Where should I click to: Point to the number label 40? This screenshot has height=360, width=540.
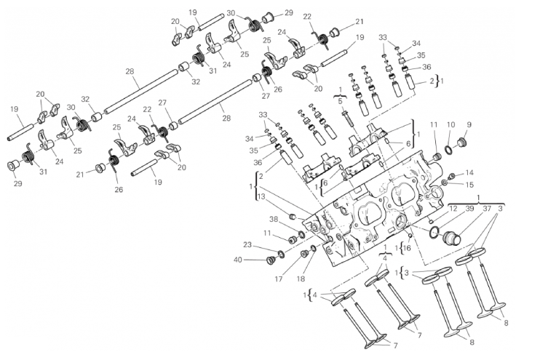click(238, 260)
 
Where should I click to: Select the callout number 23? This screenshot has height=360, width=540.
click(247, 245)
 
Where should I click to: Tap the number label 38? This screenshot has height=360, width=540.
click(273, 219)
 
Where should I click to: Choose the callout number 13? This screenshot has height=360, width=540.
click(261, 197)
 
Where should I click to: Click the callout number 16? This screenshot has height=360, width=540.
click(407, 248)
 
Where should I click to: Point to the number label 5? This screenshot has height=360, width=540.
click(340, 101)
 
